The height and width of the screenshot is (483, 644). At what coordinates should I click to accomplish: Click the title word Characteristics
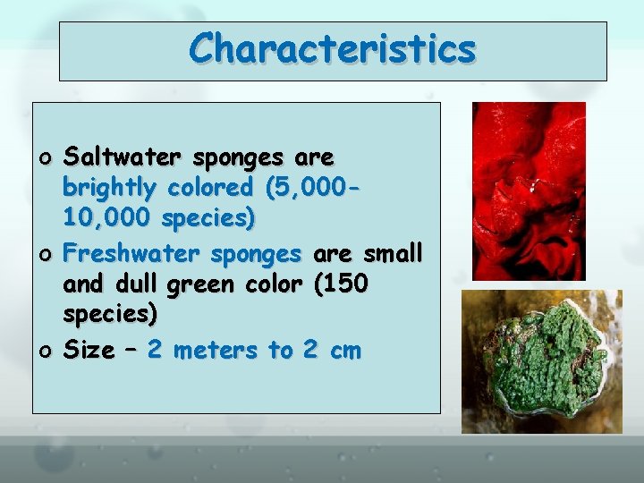pyautogui.click(x=332, y=48)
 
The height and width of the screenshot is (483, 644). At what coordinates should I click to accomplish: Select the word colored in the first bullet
pyautogui.click(x=208, y=188)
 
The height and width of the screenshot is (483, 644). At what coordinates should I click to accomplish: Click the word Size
pyautogui.click(x=88, y=350)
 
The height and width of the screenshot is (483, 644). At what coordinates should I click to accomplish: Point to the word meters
pyautogui.click(x=217, y=350)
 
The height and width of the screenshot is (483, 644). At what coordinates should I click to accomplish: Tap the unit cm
pyautogui.click(x=344, y=351)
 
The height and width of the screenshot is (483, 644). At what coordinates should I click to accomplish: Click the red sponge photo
pyautogui.click(x=529, y=191)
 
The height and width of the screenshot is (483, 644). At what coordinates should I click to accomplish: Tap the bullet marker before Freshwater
pyautogui.click(x=47, y=256)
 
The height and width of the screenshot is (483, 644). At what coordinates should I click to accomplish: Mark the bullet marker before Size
pyautogui.click(x=47, y=352)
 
